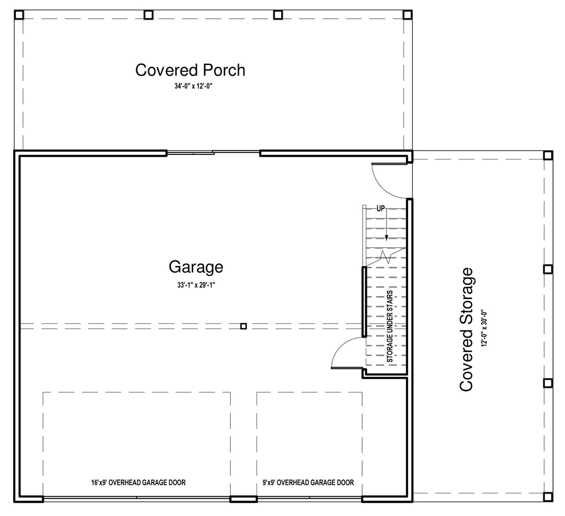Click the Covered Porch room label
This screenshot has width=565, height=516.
coord(190,70)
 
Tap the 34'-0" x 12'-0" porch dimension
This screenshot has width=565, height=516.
coord(193,86)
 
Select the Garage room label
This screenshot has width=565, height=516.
coord(196,267)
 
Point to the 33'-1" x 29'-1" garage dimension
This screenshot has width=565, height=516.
coord(196,285)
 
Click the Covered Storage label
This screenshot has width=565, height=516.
coord(466,329)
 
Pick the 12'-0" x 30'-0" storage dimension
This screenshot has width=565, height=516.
coord(484,328)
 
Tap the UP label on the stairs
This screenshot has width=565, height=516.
coord(380,209)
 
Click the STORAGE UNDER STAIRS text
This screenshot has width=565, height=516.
coord(389,326)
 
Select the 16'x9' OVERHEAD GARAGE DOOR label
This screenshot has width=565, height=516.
coord(138,483)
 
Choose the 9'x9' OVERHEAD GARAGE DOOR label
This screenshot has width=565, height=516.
coord(308,483)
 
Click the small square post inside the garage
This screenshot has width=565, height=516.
coord(243,326)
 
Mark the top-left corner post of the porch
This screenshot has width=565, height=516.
coord(19,15)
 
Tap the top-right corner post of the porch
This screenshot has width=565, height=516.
coord(407,15)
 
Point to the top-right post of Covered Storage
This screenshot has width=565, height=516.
coord(548,155)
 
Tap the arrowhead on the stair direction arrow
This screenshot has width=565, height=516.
coord(387,238)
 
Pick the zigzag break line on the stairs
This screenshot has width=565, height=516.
coord(386,257)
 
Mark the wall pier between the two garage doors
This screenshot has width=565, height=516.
coord(243,505)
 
